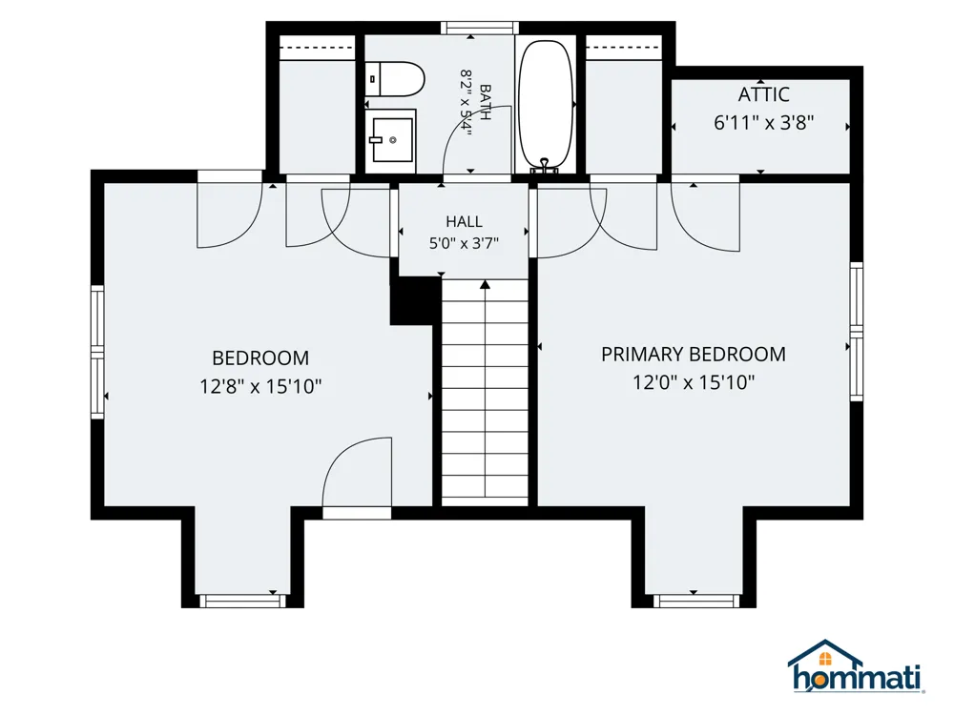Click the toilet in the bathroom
(396, 79)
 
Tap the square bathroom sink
(390, 140)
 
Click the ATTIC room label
(763, 94)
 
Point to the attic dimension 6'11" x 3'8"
(763, 123)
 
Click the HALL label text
(464, 221)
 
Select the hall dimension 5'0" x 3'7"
(464, 243)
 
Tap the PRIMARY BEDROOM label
(693, 355)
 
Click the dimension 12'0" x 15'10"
(694, 382)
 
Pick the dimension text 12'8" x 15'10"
(260, 386)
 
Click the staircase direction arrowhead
(485, 284)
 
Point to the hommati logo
(856, 666)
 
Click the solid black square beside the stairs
(415, 300)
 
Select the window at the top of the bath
(480, 28)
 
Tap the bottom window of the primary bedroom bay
(696, 601)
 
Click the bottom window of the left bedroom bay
(242, 601)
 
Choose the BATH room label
(486, 103)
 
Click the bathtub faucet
(545, 166)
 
